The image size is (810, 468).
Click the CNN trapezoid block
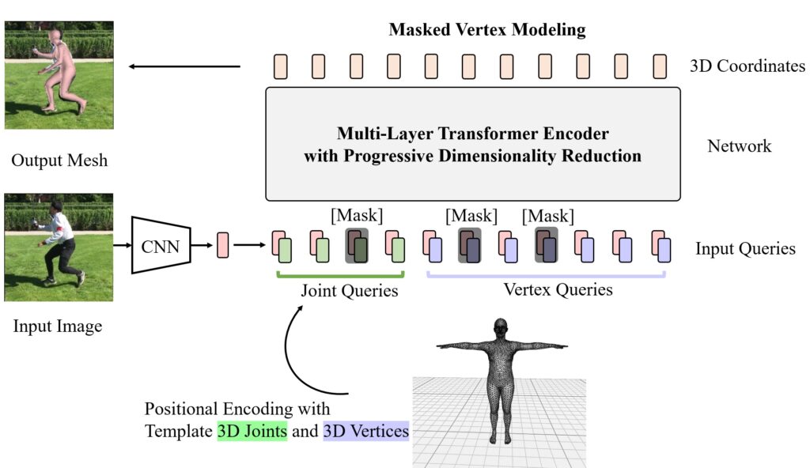(161, 244)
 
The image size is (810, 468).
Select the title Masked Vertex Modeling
(486, 31)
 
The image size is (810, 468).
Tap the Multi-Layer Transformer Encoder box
(473, 144)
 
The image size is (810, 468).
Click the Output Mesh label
(59, 161)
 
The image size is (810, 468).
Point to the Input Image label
(58, 326)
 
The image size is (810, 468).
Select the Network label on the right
(739, 145)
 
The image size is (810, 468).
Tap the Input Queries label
(745, 248)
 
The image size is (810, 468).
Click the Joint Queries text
(349, 290)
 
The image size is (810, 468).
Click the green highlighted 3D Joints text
(252, 432)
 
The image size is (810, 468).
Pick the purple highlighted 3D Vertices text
(365, 432)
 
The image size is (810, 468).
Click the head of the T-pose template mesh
(499, 327)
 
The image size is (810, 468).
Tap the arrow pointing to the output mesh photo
(184, 66)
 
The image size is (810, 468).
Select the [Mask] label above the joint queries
(356, 215)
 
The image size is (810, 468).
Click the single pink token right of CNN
(222, 244)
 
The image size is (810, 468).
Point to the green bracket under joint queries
(340, 275)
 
